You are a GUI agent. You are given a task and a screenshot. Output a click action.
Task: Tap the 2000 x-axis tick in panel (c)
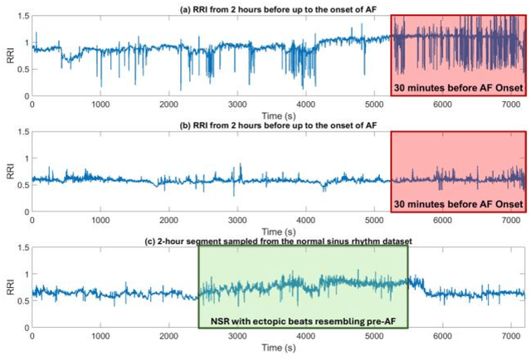tap(168, 338)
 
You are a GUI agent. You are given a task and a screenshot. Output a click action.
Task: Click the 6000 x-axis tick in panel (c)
tap(442, 338)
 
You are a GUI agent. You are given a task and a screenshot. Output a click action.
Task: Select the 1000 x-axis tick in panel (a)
tap(100, 105)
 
